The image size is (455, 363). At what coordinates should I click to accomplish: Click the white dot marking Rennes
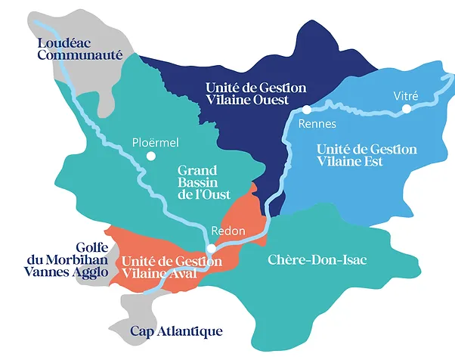[x=307, y=110]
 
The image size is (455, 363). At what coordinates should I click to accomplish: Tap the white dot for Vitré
[x=407, y=109]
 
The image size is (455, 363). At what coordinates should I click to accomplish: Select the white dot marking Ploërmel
[x=150, y=157]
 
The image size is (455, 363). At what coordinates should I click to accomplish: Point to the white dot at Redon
[x=212, y=248]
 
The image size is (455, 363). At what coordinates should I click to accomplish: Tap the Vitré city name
[x=406, y=95]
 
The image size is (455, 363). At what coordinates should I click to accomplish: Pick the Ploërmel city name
[x=154, y=142]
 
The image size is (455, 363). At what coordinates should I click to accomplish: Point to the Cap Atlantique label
[x=176, y=331]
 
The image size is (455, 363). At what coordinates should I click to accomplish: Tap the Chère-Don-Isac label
[x=317, y=260]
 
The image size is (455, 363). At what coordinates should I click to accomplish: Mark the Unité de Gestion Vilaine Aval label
[x=171, y=267]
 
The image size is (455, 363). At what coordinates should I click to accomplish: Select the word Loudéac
[x=61, y=42]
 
